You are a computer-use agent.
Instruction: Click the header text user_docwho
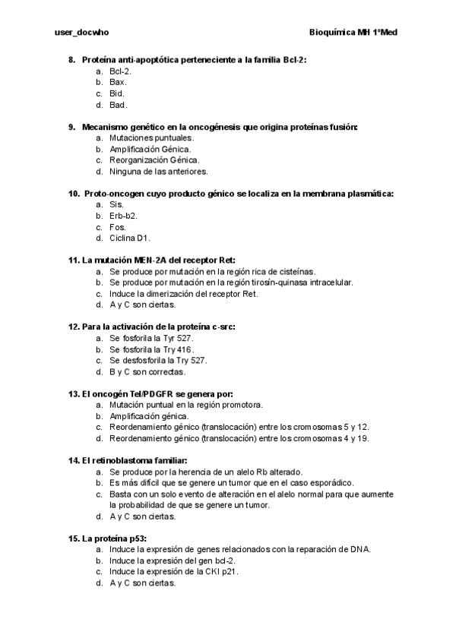pos(77,33)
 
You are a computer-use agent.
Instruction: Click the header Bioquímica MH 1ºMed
pos(354,33)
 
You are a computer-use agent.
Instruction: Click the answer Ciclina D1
pos(130,238)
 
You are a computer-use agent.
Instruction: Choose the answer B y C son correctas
pos(148,372)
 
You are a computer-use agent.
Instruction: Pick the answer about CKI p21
pos(174,572)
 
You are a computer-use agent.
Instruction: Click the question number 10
pos(74,194)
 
